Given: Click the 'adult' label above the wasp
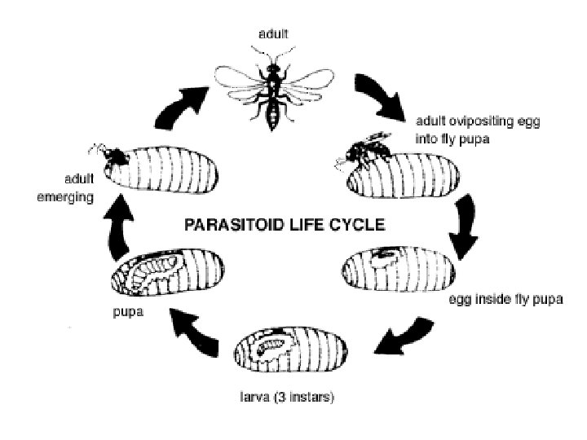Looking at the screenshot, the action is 272,33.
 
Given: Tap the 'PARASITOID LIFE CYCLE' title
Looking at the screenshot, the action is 283,226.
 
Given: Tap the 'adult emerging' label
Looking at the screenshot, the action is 66,190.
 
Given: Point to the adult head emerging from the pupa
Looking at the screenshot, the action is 115,153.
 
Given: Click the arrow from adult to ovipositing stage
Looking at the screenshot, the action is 382,95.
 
